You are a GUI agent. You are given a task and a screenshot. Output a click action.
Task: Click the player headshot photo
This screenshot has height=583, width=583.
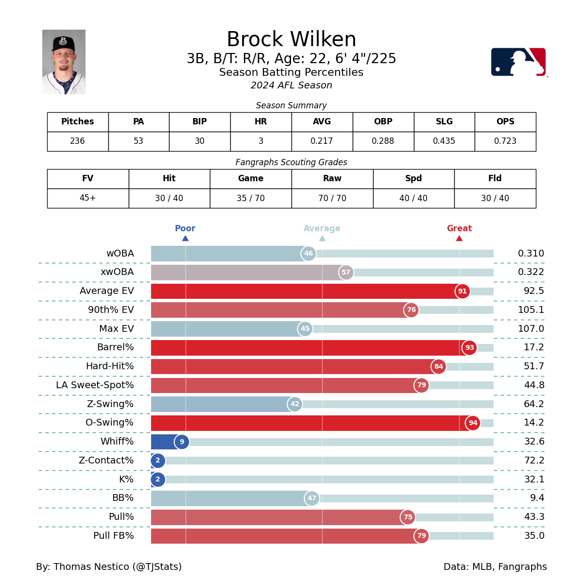coord(64,62)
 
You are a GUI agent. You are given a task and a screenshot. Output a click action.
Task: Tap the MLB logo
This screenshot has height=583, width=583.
coord(518,62)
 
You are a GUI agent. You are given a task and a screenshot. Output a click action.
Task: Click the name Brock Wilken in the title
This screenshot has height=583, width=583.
coord(291,40)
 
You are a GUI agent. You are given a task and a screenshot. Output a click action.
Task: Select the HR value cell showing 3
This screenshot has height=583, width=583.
coord(261,141)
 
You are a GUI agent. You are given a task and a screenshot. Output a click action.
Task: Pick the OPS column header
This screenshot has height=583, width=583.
coord(505,122)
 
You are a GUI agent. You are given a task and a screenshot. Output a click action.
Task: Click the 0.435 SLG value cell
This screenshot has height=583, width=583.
coord(444,141)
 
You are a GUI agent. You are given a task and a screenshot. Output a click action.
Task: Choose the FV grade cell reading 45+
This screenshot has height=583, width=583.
coord(88,198)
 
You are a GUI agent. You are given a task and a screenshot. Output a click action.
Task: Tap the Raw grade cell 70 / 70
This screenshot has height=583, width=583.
coord(332,198)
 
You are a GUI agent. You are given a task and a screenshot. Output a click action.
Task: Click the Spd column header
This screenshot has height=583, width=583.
coord(413,179)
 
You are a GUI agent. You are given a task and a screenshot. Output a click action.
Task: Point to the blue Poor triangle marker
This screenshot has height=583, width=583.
coord(185,238)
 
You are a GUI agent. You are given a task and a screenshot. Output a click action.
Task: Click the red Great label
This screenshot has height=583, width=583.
coord(459,228)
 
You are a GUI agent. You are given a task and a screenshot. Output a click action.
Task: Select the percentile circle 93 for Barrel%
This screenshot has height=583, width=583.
coord(469,348)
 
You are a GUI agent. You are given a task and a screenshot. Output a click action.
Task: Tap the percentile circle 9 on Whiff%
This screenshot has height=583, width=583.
coord(182,442)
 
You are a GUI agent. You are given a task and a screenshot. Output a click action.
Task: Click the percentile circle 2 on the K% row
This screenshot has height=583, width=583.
coord(158,480)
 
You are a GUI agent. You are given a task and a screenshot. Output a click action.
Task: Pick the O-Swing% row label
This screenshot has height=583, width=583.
coord(109,423)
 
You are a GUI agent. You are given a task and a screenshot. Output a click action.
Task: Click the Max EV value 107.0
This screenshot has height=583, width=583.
coord(531,329)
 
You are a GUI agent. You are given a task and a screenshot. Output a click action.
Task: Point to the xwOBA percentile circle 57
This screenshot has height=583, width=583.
coord(346,273)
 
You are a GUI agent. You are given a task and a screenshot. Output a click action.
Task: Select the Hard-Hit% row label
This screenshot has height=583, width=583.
coord(110,366)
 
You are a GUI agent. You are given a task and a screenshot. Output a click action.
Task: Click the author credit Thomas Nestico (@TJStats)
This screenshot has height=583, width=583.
coord(109,567)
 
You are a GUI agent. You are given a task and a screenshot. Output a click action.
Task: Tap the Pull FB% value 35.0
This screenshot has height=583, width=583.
coord(534,536)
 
